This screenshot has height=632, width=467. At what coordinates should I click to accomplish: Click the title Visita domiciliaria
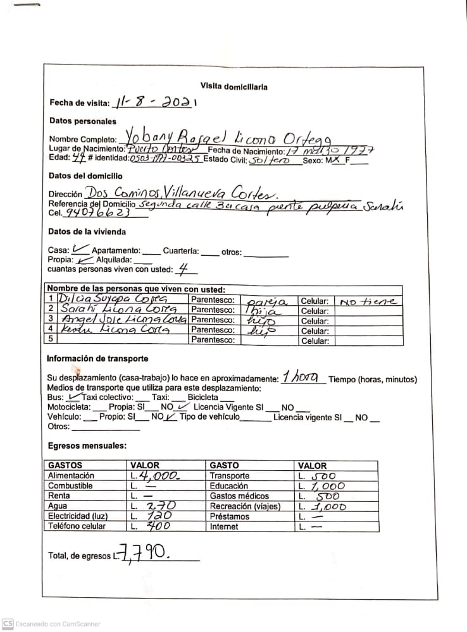233,87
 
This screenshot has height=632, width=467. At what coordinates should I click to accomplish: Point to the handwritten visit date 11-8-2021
154,102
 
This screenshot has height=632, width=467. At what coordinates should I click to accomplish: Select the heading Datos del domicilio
85,176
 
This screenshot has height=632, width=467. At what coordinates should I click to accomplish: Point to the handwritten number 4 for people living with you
184,269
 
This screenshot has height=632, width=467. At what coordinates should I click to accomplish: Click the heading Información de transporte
98,358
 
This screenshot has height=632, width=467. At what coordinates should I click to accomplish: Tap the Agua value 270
159,506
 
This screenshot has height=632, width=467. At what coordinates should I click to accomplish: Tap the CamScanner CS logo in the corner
8,623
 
